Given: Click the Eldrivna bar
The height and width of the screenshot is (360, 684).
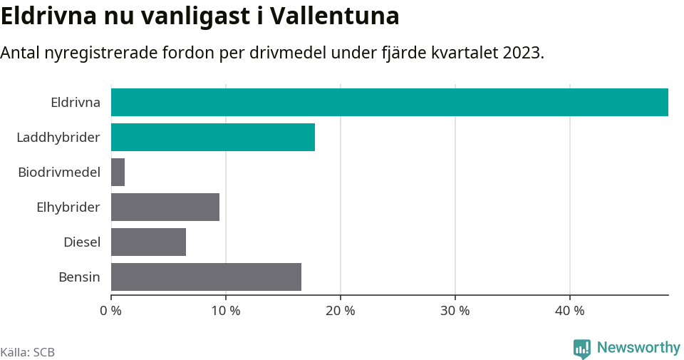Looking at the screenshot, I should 389,102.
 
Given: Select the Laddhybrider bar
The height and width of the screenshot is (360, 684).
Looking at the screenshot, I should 212,137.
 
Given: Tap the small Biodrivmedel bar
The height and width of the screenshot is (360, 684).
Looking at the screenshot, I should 118,172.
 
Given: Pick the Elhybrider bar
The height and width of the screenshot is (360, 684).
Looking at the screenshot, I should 165,207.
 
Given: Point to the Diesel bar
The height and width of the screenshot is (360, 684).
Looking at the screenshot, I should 148,242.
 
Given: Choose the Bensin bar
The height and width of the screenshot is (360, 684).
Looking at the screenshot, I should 206,277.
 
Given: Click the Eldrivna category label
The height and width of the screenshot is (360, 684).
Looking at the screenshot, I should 76,102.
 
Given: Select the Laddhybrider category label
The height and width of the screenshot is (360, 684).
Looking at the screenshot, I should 58,137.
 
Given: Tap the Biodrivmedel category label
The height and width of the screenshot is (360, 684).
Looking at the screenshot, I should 59,172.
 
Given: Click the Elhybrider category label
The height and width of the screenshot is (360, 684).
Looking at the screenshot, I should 68,207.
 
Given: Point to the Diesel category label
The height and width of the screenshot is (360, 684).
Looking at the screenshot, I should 82,242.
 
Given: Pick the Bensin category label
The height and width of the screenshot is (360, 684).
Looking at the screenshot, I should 79,277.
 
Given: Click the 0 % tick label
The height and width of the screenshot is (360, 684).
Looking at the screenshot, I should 111,311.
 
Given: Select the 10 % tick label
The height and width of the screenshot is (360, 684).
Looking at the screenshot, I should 226,311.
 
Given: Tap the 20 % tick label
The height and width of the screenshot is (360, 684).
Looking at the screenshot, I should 341,311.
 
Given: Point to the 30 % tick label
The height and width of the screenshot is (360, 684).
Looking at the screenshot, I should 455,311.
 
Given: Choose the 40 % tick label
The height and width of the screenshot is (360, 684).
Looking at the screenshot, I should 570,311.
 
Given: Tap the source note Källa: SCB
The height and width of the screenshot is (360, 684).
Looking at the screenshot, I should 28,352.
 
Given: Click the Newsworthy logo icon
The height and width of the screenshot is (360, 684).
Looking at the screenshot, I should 581,348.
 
